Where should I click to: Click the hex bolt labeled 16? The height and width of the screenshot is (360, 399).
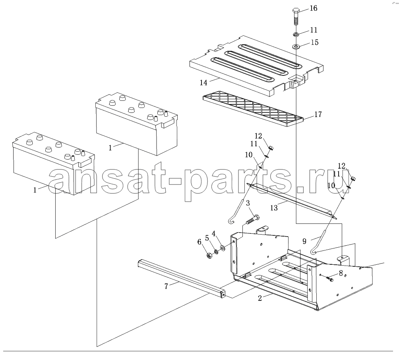coord(295,16)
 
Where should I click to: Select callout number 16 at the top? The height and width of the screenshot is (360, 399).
coord(313,8)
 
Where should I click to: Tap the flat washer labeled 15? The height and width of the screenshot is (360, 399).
coord(296,46)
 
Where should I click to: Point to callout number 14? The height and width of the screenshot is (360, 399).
coord(203,82)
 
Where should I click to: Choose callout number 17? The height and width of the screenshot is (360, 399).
coord(318,114)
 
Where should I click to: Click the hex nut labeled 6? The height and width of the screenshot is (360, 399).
coord(209,256)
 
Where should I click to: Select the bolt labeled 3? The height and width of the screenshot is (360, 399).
coord(253,219)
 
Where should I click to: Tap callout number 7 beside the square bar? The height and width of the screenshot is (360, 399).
coord(166,286)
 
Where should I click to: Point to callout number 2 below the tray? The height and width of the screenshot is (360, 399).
coord(260,298)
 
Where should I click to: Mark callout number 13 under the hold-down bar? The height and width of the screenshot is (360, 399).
coord(274,208)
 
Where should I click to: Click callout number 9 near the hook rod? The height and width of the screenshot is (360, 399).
coord(304,241)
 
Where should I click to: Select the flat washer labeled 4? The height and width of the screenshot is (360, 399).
coord(222,247)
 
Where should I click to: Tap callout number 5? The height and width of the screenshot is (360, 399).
coord(207,238)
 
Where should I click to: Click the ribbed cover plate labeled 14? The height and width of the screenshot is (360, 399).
coord(256,66)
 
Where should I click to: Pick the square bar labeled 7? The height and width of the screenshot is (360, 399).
coord(182,278)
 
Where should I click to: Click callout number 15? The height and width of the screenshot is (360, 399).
coord(314,42)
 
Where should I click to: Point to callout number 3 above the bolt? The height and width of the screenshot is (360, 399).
coord(248,203)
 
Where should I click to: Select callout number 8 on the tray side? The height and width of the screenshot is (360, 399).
coord(341,273)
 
